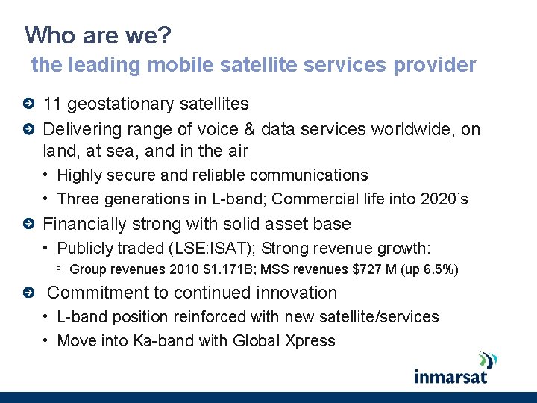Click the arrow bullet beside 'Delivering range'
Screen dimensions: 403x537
28,130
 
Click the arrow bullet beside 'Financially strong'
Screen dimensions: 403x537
28,225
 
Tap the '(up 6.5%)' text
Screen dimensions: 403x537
432,269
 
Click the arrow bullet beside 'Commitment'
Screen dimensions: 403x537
28,293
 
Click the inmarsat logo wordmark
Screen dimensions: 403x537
450,375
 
